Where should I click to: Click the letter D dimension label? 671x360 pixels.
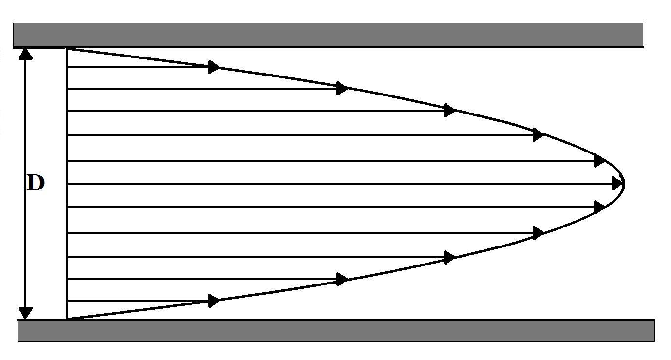click(x=35, y=184)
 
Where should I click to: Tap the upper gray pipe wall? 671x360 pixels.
click(x=328, y=35)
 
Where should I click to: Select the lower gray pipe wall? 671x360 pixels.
click(x=336, y=331)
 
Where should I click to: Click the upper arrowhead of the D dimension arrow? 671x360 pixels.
click(x=25, y=53)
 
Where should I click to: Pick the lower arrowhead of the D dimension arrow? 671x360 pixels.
click(x=25, y=313)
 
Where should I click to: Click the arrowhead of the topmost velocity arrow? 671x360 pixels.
click(x=214, y=67)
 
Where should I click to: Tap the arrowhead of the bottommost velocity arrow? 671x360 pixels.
click(x=214, y=301)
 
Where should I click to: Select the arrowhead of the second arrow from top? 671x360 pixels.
click(x=342, y=89)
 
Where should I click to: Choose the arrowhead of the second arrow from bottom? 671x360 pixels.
click(x=342, y=279)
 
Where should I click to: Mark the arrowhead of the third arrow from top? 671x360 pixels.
click(x=449, y=111)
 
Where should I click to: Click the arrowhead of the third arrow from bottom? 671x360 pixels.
click(x=449, y=257)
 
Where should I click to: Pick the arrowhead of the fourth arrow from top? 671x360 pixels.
click(x=538, y=134)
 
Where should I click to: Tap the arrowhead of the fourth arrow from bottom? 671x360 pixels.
click(x=538, y=233)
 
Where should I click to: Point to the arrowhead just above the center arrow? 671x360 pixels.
click(x=599, y=160)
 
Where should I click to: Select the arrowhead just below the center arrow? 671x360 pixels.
click(x=599, y=207)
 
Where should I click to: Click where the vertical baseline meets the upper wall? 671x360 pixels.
click(x=66, y=48)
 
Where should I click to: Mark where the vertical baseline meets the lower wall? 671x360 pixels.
click(x=66, y=320)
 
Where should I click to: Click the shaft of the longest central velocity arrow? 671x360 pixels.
click(x=341, y=184)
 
